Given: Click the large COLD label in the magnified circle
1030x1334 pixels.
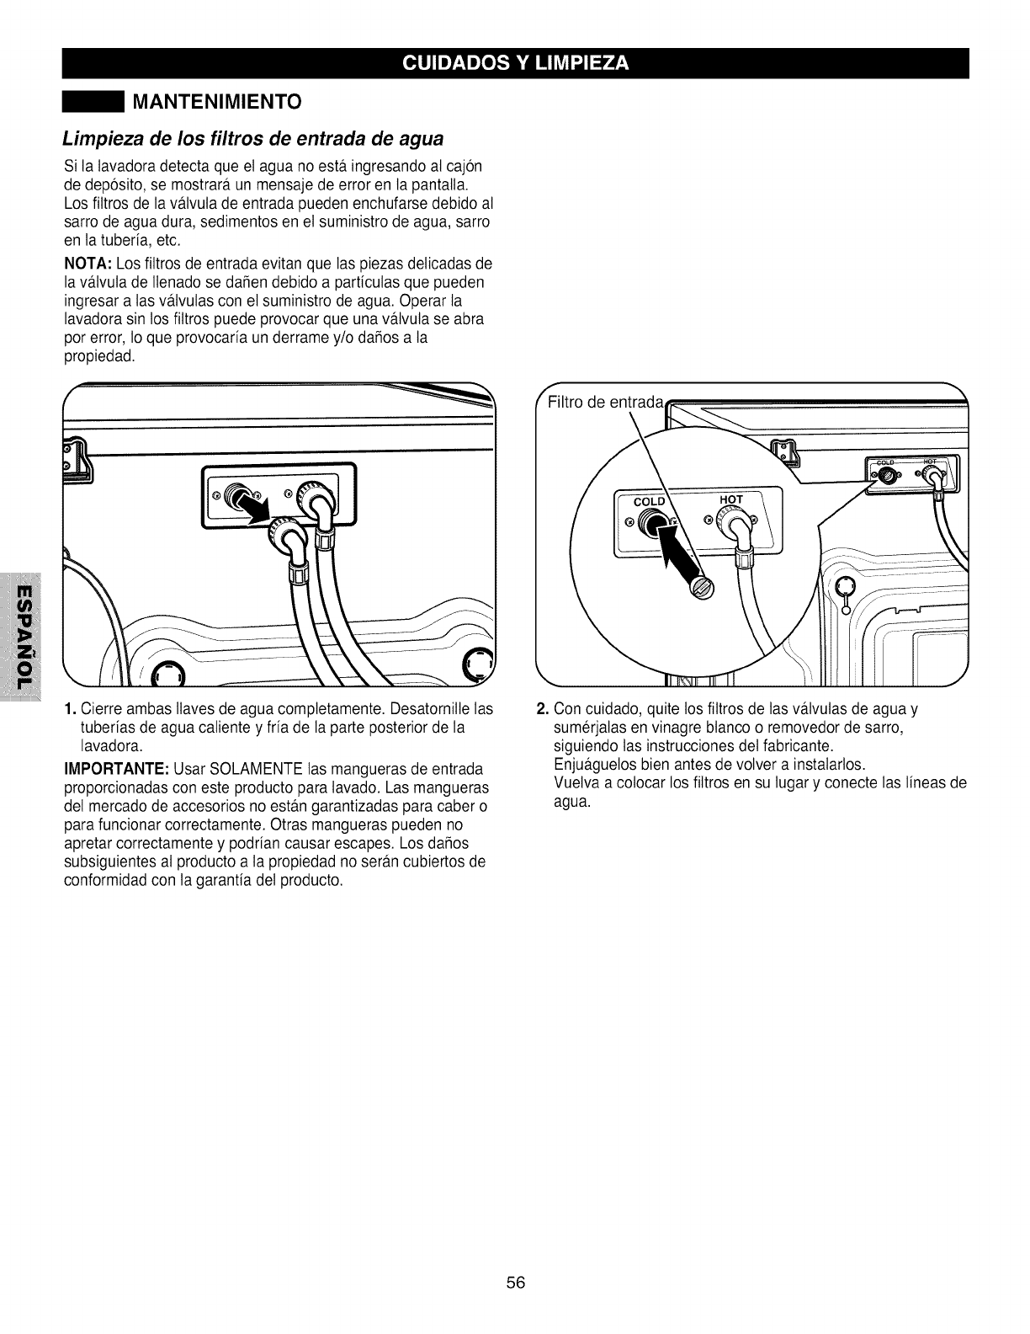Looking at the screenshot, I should click(x=649, y=502).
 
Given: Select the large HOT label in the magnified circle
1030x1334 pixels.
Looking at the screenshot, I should click(x=731, y=499).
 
